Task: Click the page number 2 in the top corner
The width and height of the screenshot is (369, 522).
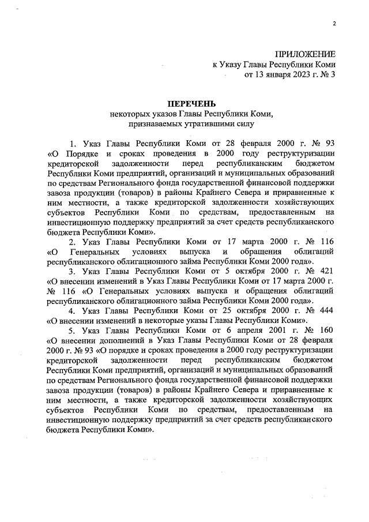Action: coord(333,23)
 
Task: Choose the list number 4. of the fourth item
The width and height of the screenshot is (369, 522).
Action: coord(73,311)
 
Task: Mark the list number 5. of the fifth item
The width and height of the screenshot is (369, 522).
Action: coord(73,332)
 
